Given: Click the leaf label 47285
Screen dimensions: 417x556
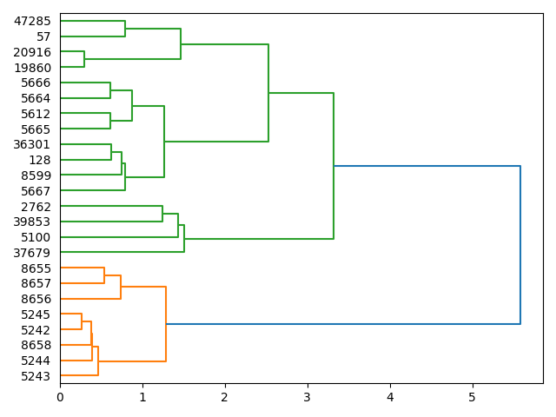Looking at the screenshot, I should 32,21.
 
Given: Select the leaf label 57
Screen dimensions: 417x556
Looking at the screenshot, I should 43,36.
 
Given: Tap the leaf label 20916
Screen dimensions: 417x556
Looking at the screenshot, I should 32,52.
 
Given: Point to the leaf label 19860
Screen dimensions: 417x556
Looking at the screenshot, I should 32,68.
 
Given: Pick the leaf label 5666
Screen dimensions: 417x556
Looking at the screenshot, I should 36,83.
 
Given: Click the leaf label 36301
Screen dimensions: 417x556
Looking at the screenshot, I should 32,144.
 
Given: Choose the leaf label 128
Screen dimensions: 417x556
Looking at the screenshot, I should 40,160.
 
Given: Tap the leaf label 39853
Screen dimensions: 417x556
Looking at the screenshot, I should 32,222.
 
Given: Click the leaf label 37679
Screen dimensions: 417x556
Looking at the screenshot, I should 32,253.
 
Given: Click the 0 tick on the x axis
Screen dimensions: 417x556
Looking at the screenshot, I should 60,397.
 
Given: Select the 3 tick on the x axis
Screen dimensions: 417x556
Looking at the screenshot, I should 308,397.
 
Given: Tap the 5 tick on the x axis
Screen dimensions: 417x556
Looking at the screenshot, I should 473,397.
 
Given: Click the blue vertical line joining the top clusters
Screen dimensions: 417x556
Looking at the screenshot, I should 520,245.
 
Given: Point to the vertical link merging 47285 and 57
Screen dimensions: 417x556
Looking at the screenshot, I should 125,29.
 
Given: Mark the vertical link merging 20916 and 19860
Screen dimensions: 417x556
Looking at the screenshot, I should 84,60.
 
